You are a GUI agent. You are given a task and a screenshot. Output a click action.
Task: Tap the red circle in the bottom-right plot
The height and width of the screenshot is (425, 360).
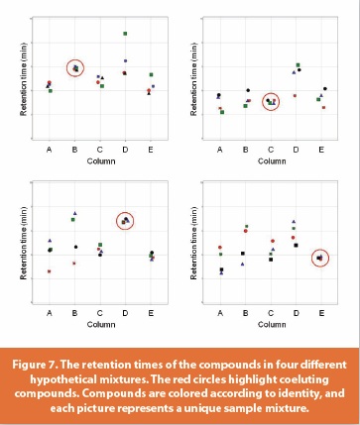point(319,258)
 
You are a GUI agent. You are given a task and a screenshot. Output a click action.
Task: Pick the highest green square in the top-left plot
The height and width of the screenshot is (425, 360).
point(125,34)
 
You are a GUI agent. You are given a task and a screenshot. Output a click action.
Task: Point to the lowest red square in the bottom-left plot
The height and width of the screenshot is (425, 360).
point(49,271)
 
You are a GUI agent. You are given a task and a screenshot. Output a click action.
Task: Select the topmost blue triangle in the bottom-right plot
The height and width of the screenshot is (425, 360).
point(295,221)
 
